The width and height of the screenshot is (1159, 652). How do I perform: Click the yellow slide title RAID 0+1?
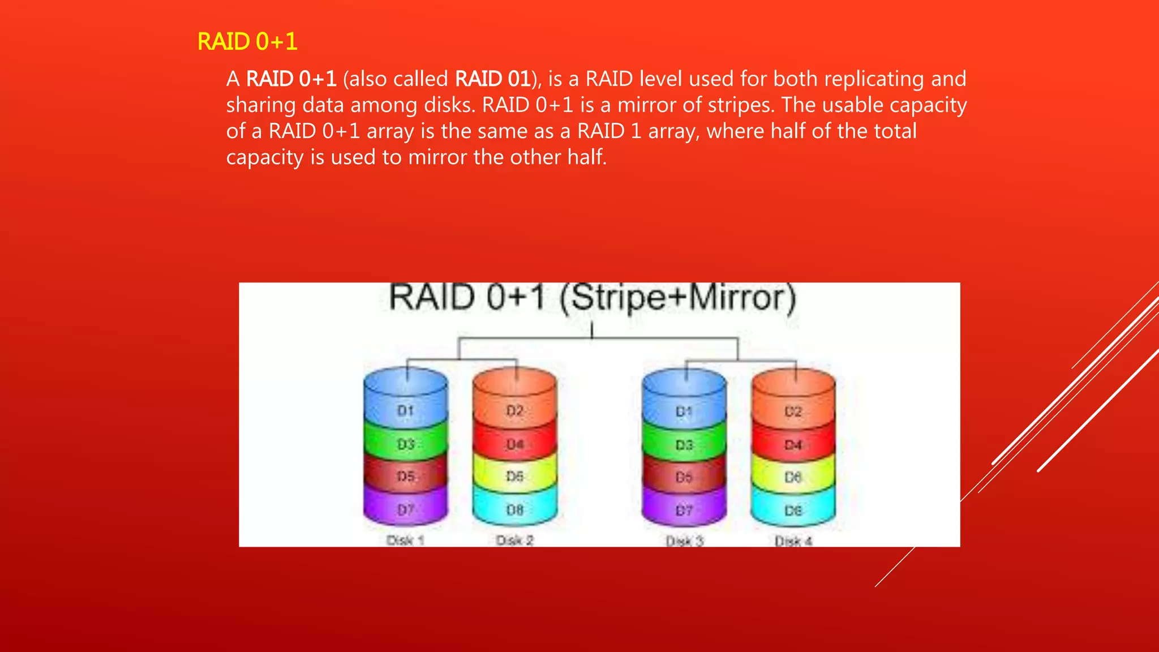(247, 42)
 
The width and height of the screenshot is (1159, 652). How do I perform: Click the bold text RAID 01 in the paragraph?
(492, 79)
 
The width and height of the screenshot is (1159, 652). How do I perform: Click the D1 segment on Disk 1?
(405, 410)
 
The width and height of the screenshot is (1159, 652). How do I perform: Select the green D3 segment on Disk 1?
(405, 444)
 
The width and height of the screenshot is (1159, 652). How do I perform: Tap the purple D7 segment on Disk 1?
(405, 510)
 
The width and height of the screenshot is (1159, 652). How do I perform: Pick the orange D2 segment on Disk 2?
(514, 410)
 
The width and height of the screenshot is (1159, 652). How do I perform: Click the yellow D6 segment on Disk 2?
(514, 476)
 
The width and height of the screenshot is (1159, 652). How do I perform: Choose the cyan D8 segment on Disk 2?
(514, 510)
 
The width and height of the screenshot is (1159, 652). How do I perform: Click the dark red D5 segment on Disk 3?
(684, 477)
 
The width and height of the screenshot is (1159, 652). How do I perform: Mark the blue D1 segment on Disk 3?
(684, 411)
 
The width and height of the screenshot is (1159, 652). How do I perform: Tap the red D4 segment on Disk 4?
(793, 445)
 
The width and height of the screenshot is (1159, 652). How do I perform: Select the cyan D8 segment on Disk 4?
(793, 511)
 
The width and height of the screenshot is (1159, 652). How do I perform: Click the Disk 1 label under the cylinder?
(405, 541)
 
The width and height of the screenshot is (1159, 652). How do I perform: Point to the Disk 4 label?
(793, 542)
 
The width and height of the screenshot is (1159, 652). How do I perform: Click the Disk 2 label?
(514, 541)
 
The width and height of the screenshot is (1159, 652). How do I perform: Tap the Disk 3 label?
(684, 542)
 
